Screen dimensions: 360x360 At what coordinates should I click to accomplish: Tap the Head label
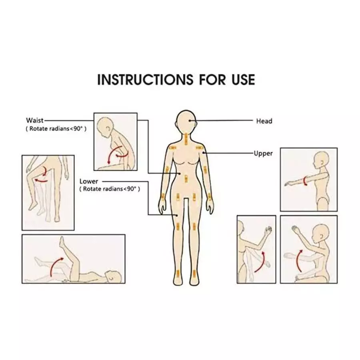[x=264, y=121]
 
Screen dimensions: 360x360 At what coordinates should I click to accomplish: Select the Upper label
[x=263, y=153]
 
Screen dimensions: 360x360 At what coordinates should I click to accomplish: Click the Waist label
[x=34, y=120]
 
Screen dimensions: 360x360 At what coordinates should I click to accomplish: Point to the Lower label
[x=88, y=181]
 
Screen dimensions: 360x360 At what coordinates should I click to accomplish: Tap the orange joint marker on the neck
[x=187, y=139]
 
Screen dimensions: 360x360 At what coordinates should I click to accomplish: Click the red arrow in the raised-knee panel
[x=43, y=176]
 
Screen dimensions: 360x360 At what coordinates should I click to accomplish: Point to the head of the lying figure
[x=114, y=276]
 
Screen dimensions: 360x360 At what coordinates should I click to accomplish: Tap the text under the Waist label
[x=56, y=129]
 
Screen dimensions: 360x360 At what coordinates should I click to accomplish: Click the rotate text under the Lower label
[x=110, y=189]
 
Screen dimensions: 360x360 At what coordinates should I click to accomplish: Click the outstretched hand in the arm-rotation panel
[x=288, y=184]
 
